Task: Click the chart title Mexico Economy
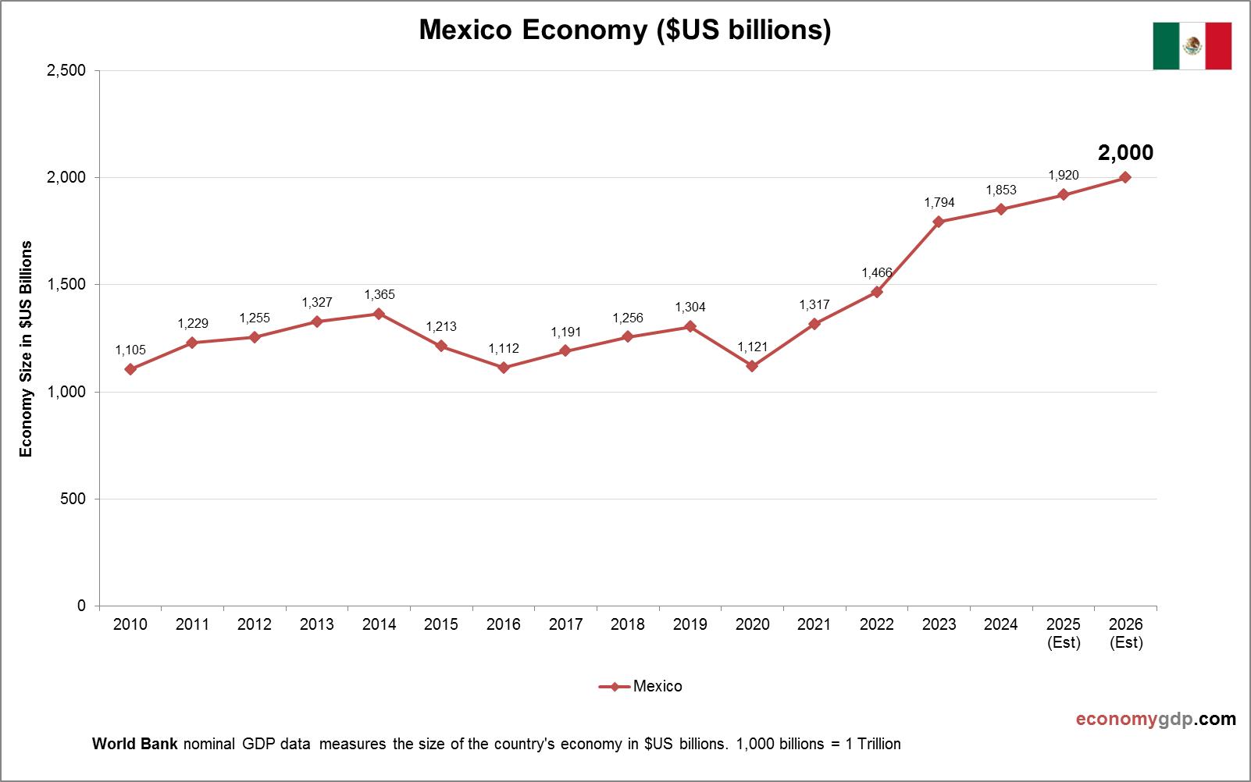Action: tap(625, 30)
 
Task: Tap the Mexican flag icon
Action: tap(1192, 46)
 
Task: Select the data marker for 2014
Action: tap(379, 314)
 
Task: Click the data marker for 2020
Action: tap(752, 366)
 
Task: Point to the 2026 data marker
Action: tap(1125, 177)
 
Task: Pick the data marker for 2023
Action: tap(939, 222)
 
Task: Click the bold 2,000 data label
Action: tap(1125, 153)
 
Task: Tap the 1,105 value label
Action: tap(130, 350)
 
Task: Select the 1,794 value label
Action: tap(939, 203)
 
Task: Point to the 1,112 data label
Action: tap(504, 349)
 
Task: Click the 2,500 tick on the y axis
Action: tap(67, 70)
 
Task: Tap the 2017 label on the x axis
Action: tap(565, 624)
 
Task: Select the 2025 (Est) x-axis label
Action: tap(1064, 633)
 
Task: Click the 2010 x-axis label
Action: tap(130, 624)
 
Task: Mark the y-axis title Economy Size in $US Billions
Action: tap(27, 348)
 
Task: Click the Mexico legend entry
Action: tap(657, 686)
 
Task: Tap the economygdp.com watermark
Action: tap(1156, 719)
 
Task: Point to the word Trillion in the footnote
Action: tap(879, 744)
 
